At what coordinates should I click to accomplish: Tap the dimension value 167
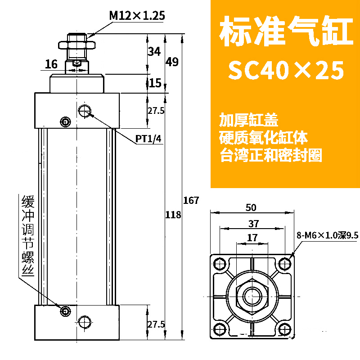click(191, 200)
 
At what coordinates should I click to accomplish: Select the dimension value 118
click(173, 215)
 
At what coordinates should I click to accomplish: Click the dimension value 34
click(154, 51)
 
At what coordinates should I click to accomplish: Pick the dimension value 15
click(155, 83)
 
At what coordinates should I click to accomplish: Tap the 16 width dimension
click(51, 64)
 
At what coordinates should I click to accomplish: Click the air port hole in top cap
click(84, 110)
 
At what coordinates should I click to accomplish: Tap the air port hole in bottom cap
click(84, 322)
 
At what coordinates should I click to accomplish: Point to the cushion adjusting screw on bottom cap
click(66, 310)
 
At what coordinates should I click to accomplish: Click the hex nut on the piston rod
click(77, 45)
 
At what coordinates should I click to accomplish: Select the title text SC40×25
click(286, 70)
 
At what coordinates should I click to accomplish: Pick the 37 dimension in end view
click(252, 223)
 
